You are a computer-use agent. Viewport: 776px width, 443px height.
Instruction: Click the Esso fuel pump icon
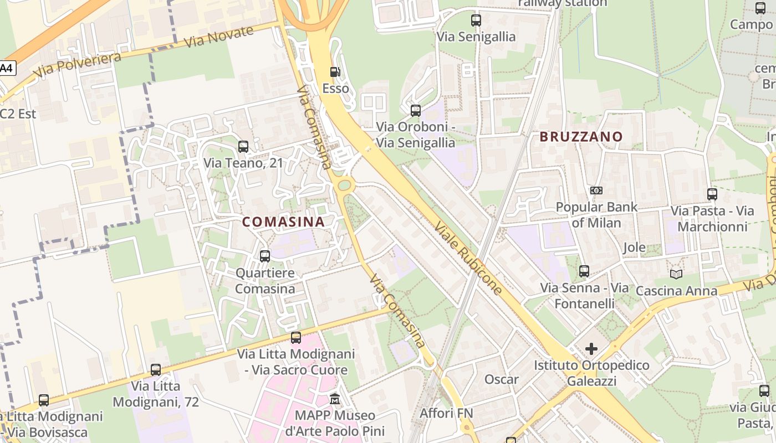point(335,72)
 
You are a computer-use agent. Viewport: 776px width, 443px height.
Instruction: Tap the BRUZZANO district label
point(581,136)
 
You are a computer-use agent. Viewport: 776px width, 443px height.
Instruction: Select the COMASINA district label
point(283,221)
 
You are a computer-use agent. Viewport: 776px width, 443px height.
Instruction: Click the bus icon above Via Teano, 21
point(243,147)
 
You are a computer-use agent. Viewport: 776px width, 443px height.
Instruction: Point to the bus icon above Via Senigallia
point(476,20)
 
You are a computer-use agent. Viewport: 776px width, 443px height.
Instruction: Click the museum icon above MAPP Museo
point(335,399)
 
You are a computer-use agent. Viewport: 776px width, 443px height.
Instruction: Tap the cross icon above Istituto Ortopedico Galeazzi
point(591,349)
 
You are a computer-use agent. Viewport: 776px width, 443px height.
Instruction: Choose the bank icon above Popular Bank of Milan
point(596,190)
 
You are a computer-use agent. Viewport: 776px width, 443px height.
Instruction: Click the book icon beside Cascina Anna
point(676,274)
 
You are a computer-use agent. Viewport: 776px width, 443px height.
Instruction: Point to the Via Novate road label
point(218,37)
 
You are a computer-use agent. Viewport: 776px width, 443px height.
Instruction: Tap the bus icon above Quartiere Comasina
point(265,256)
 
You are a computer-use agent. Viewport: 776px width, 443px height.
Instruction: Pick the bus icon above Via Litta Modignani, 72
point(156,370)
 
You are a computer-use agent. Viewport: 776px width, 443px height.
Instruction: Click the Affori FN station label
point(446,413)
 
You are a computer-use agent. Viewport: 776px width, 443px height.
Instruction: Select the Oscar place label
point(502,379)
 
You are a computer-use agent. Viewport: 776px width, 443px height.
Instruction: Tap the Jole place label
point(634,247)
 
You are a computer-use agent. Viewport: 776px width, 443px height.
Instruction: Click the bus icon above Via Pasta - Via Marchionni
point(712,194)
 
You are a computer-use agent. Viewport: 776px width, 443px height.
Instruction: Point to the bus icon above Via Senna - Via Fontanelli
point(584,271)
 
